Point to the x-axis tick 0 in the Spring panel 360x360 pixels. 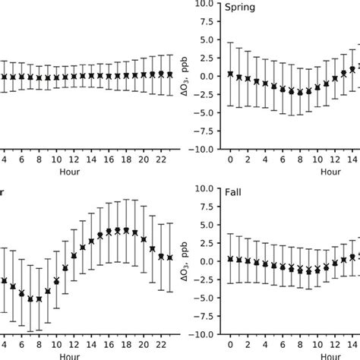pyautogui.click(x=230, y=160)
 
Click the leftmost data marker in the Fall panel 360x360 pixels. pyautogui.click(x=230, y=259)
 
